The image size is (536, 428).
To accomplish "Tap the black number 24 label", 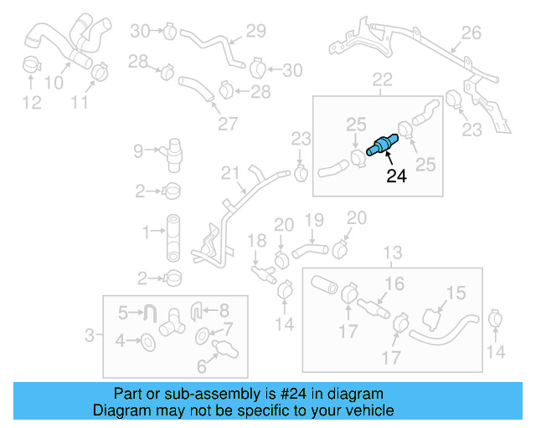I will click(395, 176).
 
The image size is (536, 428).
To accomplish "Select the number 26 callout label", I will click(472, 33).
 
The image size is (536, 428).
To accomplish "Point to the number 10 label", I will click(53, 82).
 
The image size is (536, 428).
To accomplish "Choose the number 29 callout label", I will click(255, 32).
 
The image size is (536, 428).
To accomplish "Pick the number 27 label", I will click(228, 124).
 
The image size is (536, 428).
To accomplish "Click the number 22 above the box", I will click(382, 80).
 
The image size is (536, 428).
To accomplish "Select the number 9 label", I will click(138, 151).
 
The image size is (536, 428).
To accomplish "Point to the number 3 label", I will click(90, 336).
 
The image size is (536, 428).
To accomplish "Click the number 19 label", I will click(313, 220).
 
